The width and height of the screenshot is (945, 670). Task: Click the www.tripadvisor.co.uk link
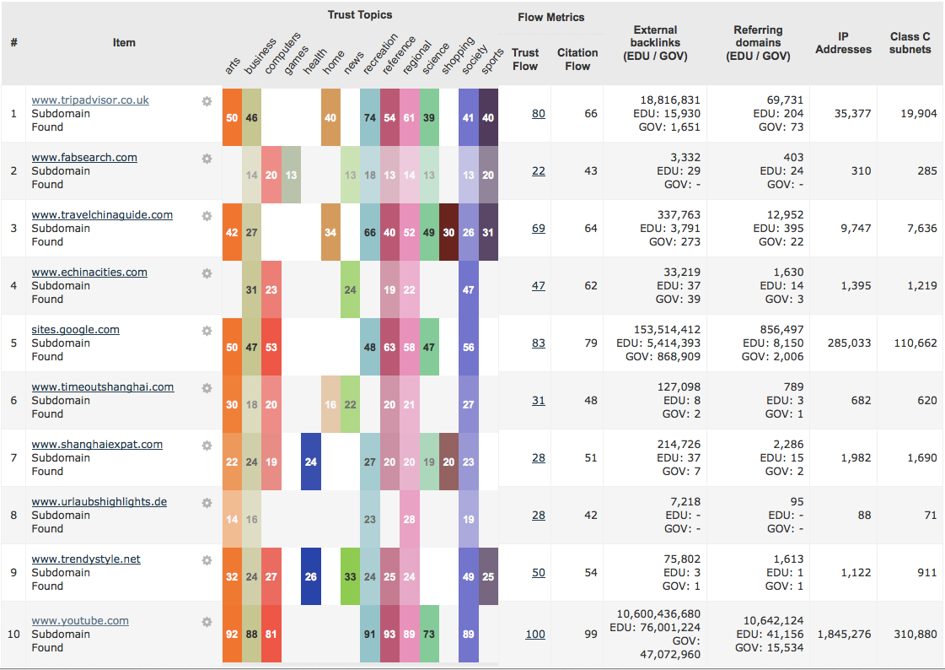90,100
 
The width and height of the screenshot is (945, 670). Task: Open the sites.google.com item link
76,329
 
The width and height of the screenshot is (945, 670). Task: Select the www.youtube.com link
80,620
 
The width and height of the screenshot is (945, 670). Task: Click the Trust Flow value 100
535,634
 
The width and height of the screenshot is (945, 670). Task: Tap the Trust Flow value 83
539,343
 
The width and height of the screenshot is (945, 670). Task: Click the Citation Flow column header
577,59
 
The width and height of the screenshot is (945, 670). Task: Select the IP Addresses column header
843,43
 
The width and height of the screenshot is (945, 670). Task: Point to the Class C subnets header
910,43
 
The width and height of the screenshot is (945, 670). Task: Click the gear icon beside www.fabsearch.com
207,159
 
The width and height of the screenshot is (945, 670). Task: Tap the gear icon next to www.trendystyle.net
207,560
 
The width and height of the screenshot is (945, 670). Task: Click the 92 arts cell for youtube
232,634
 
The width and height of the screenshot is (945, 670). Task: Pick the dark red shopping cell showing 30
448,232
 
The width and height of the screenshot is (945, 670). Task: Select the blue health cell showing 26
311,576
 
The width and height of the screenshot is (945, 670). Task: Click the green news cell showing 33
350,576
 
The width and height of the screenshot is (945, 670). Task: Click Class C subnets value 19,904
918,113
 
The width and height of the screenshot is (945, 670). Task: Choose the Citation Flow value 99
590,634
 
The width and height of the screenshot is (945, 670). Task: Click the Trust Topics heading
360,14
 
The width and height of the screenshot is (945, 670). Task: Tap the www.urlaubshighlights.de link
99,501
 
